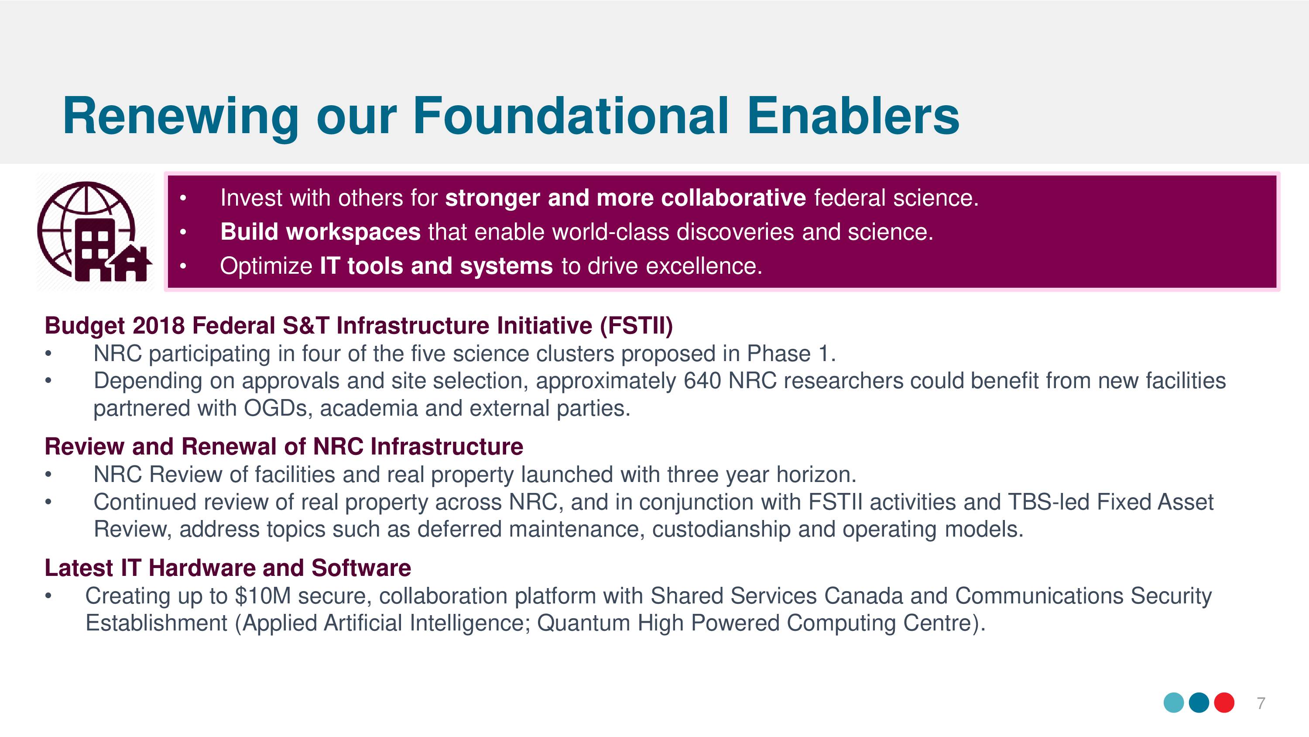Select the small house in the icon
(x=131, y=263)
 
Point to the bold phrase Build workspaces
(x=320, y=232)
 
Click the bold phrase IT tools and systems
(x=436, y=266)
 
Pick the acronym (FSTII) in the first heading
(x=636, y=326)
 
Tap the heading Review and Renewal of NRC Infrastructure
(x=284, y=447)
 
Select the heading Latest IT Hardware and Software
(x=228, y=568)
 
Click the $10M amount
(x=263, y=596)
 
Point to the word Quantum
(x=583, y=623)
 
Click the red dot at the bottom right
(x=1224, y=703)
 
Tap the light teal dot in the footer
(x=1174, y=703)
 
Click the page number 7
(x=1261, y=703)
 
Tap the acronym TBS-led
(x=1049, y=502)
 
